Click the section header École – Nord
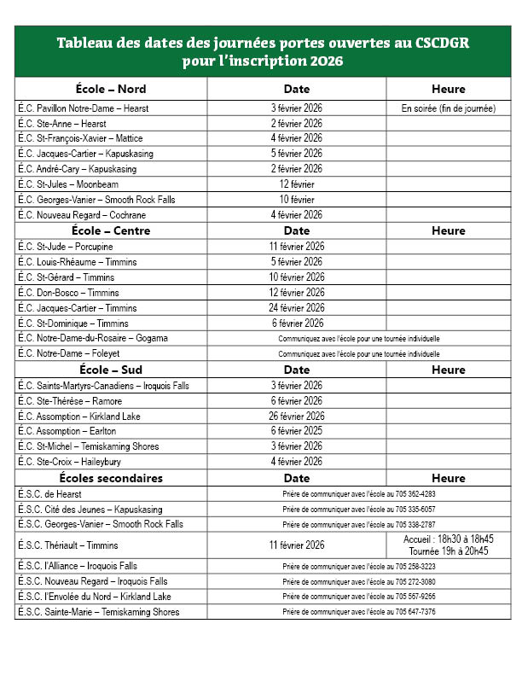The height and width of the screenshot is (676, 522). tap(112, 89)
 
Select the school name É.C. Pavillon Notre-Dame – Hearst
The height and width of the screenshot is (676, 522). tap(83, 108)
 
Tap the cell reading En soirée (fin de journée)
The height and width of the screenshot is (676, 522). tap(448, 108)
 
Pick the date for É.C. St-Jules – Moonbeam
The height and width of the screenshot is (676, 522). tap(297, 184)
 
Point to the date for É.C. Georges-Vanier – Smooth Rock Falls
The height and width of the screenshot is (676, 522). tap(297, 200)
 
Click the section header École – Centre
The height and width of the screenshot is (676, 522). tap(112, 230)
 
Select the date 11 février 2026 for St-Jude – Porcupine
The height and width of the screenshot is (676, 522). tap(297, 247)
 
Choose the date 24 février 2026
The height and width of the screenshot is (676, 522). tap(297, 308)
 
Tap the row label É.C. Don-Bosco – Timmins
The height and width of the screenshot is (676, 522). tap(68, 293)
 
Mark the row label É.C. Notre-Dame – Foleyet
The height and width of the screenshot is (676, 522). tap(71, 353)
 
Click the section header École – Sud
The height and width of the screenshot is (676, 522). tap(112, 370)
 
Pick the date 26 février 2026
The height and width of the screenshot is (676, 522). tap(297, 417)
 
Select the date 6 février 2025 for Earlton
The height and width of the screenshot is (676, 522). tap(297, 431)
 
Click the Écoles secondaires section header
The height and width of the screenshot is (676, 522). tap(112, 478)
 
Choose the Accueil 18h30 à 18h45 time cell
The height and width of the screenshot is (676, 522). tap(448, 539)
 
